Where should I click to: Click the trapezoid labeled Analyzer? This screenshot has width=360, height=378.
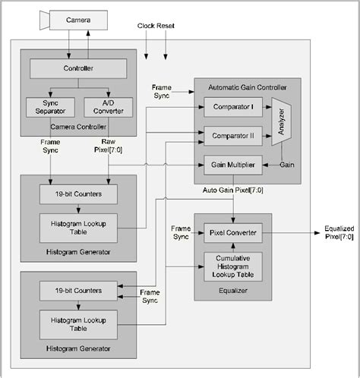click(x=280, y=121)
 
